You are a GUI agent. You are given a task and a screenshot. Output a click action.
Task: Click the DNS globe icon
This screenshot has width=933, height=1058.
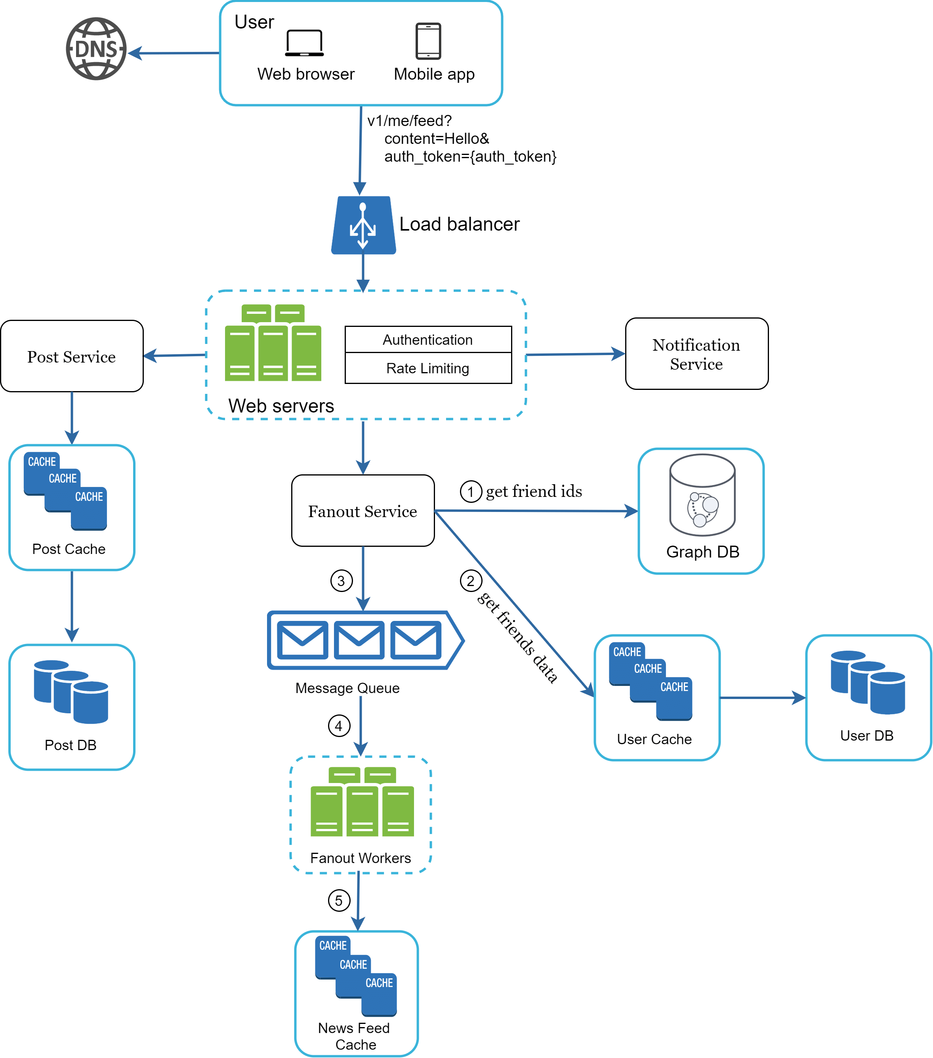click(x=96, y=49)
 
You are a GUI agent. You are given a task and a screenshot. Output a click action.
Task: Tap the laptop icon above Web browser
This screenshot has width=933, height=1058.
click(x=304, y=43)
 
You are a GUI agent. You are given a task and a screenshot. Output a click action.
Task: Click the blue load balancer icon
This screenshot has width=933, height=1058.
click(x=363, y=225)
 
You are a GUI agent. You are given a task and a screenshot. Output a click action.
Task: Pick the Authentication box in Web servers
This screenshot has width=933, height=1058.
click(x=428, y=340)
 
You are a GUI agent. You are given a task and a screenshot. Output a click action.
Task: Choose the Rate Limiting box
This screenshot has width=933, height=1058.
click(x=428, y=369)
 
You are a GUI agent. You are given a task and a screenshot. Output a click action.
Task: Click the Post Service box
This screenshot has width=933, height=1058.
click(x=72, y=356)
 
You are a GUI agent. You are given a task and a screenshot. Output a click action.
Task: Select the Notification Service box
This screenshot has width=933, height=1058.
click(x=696, y=354)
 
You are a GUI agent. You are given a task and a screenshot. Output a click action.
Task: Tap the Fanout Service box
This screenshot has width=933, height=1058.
click(x=363, y=511)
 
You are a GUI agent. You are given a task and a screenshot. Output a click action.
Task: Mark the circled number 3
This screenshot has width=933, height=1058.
click(x=342, y=581)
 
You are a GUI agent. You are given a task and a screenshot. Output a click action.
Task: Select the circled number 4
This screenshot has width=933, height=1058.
click(x=339, y=726)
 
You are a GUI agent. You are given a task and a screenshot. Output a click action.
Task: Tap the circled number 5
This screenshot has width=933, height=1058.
click(x=339, y=900)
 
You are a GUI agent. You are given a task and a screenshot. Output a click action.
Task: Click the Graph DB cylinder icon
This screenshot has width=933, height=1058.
click(x=702, y=495)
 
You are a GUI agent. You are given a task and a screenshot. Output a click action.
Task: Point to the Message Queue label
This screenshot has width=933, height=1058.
click(x=347, y=688)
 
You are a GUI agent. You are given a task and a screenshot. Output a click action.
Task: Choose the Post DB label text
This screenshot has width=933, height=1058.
click(x=71, y=745)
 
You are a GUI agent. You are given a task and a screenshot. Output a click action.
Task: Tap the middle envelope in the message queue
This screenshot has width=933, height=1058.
click(x=359, y=640)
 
